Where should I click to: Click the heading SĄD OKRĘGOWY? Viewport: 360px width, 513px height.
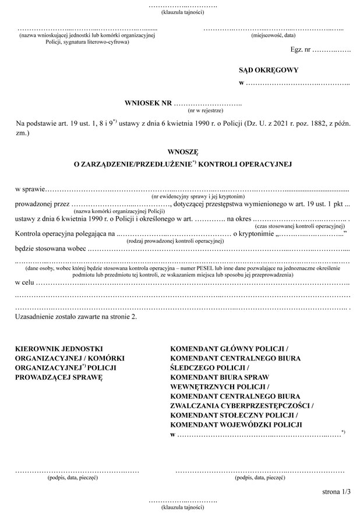click(x=269, y=70)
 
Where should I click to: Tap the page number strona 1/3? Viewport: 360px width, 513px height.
click(x=336, y=491)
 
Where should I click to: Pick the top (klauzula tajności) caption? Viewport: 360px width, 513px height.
click(x=183, y=12)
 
